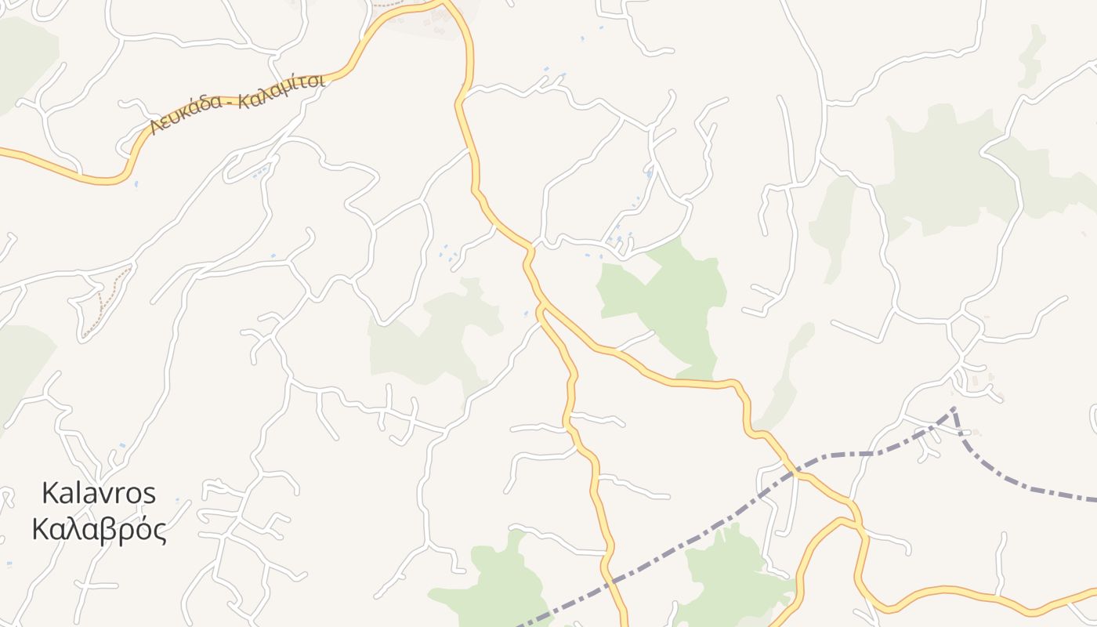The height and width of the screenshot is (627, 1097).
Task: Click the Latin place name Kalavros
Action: (x=99, y=493)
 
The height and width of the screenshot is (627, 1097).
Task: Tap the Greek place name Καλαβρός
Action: (x=100, y=530)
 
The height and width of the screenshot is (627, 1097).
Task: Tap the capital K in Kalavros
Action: (x=49, y=493)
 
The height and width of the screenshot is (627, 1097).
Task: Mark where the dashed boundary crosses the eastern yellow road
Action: (x=796, y=473)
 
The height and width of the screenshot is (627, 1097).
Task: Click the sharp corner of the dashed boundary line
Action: (x=954, y=408)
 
